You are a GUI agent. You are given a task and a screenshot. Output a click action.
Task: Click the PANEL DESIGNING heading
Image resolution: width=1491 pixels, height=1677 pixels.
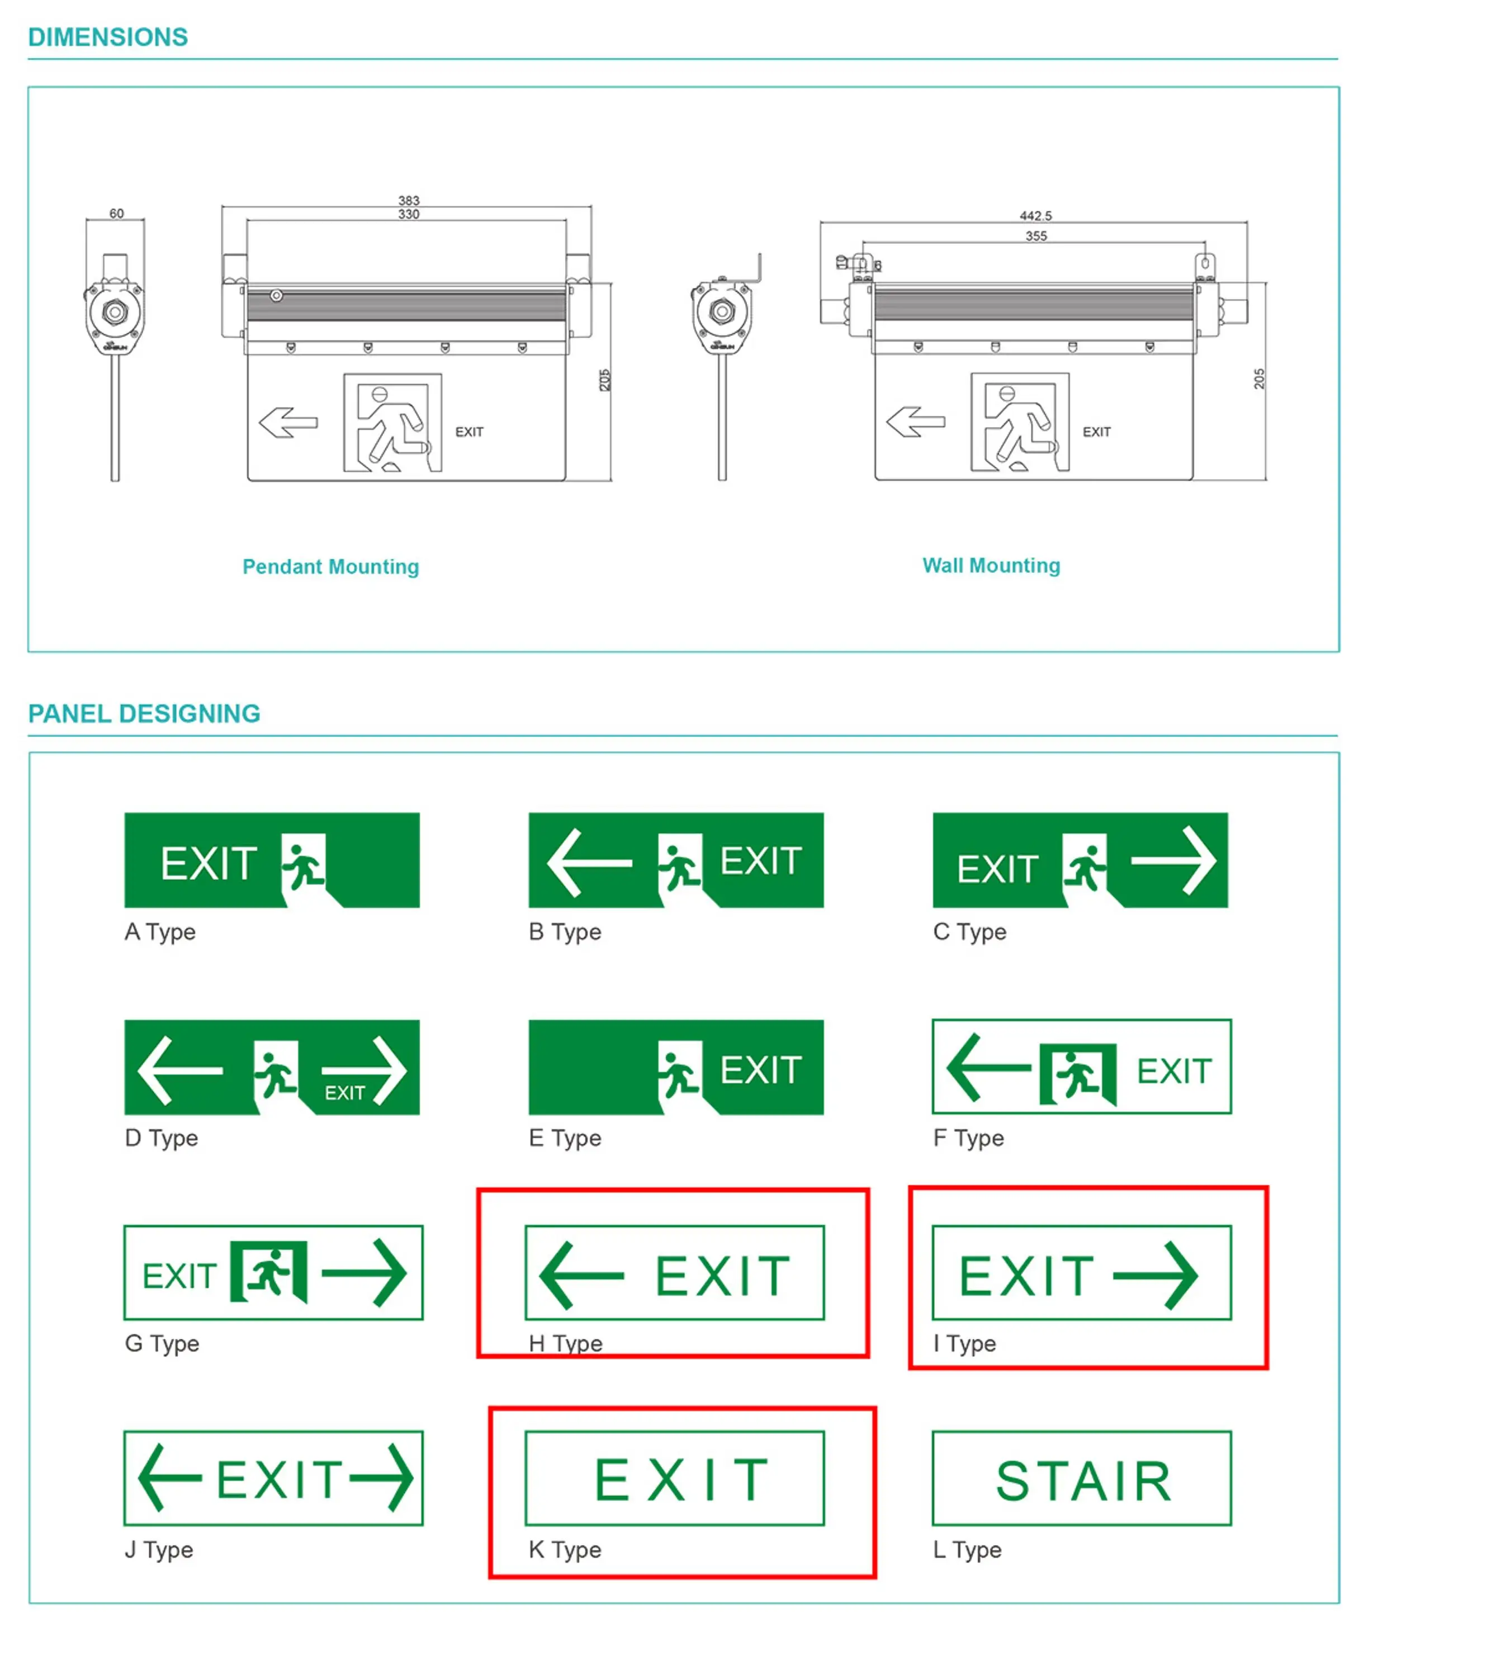tap(144, 714)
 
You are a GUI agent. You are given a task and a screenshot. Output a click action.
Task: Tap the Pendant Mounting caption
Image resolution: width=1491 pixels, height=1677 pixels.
tap(331, 567)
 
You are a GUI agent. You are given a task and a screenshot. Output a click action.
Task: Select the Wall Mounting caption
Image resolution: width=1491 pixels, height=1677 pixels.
tap(991, 565)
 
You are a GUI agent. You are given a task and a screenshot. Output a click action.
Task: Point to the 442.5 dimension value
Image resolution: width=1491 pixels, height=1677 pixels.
tap(1035, 216)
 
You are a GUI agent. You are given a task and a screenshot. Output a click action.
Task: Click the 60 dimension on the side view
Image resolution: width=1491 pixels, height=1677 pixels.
tap(116, 214)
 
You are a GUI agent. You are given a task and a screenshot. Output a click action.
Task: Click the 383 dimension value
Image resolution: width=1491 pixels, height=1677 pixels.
tap(409, 200)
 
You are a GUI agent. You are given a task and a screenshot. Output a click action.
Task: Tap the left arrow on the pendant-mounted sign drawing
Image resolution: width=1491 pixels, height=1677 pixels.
tap(288, 423)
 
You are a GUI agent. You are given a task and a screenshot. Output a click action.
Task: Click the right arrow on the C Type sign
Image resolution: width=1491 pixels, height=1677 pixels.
tap(1173, 861)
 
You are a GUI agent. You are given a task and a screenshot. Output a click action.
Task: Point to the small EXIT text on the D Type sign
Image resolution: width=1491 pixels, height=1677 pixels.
tap(344, 1093)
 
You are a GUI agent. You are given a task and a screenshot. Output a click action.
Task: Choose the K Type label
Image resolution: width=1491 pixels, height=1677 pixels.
tap(565, 1550)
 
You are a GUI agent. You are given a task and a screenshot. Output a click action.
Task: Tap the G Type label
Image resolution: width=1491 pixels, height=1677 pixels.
tap(162, 1344)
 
